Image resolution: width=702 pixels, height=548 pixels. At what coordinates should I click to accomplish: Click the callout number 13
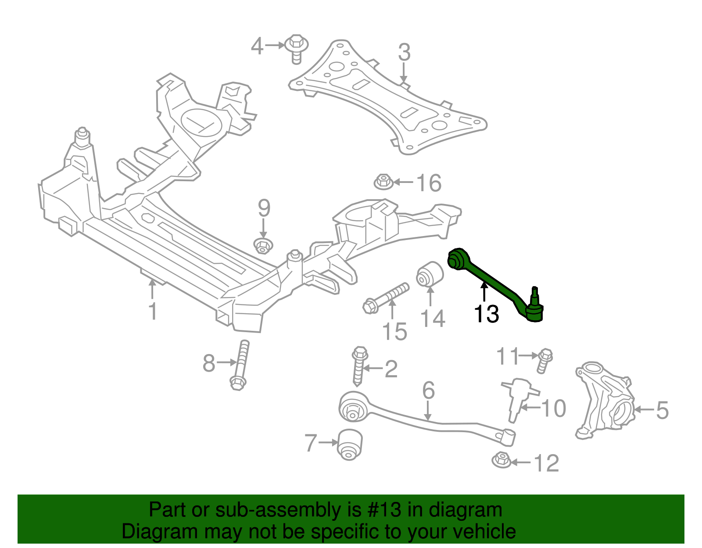pyautogui.click(x=486, y=314)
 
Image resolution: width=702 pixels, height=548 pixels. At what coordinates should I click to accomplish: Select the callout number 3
pyautogui.click(x=404, y=52)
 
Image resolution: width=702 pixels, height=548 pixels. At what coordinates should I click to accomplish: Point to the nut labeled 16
pyautogui.click(x=383, y=182)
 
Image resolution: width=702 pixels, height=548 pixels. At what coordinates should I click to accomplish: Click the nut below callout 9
pyautogui.click(x=263, y=246)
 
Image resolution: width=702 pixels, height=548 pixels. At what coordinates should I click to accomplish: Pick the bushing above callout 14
pyautogui.click(x=430, y=274)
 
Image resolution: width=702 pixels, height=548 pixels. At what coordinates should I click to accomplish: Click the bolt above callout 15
pyautogui.click(x=386, y=297)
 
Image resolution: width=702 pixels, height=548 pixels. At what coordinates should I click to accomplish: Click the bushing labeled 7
pyautogui.click(x=350, y=444)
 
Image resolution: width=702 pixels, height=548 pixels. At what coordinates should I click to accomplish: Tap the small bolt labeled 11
pyautogui.click(x=544, y=360)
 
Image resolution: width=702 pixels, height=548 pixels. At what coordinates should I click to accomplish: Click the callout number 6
pyautogui.click(x=428, y=390)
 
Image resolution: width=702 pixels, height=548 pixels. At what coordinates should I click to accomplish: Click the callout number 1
pyautogui.click(x=152, y=312)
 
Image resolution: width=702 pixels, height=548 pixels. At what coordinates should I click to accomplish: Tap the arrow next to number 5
pyautogui.click(x=644, y=410)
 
